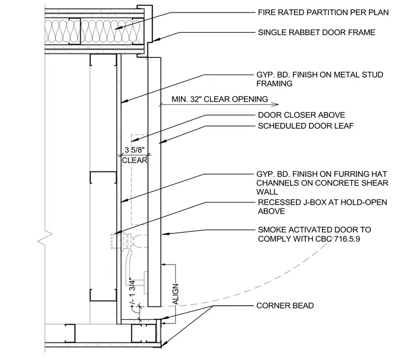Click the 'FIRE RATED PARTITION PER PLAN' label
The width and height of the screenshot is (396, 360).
[323, 12]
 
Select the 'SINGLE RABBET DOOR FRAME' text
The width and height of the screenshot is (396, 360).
[316, 32]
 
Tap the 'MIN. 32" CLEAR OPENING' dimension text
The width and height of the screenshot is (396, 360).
[220, 99]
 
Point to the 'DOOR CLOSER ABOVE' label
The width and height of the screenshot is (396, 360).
[301, 115]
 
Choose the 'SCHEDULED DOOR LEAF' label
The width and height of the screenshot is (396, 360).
[305, 126]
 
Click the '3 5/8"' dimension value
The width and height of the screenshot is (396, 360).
[134, 150]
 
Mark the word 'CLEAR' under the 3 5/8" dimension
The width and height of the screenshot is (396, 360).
[134, 160]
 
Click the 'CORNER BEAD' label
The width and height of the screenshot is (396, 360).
[285, 305]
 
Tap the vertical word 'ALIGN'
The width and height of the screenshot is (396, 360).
[175, 294]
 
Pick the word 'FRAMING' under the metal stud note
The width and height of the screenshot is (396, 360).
[275, 83]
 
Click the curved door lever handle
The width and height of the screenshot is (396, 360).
[128, 268]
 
